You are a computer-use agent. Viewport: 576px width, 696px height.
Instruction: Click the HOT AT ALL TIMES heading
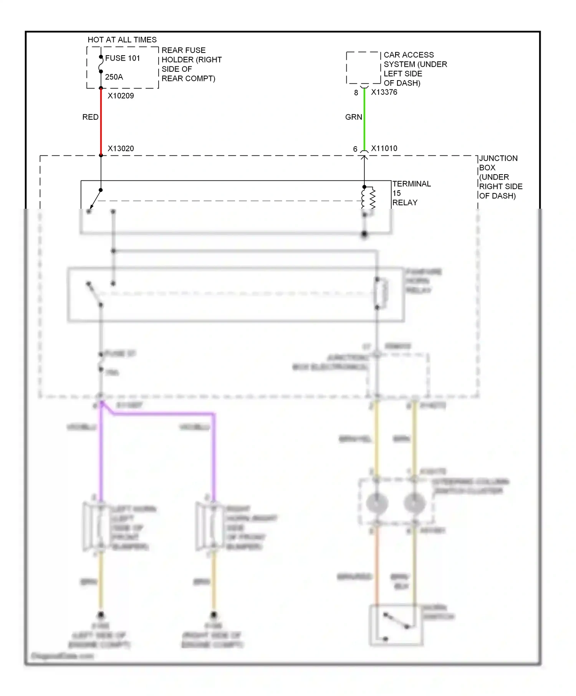[122, 40]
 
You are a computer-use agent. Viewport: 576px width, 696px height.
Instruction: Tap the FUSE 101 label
[122, 58]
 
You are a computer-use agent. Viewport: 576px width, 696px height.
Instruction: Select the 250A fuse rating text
[114, 77]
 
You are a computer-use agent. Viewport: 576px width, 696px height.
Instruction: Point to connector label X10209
[121, 96]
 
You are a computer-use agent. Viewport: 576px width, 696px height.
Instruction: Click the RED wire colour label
[90, 117]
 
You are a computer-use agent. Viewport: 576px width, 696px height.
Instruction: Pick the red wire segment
[101, 123]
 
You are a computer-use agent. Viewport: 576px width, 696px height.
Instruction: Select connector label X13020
[121, 148]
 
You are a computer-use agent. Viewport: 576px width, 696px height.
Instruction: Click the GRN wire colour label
[353, 117]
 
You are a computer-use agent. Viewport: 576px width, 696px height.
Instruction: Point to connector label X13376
[384, 92]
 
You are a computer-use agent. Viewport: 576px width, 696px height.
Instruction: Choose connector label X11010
[384, 148]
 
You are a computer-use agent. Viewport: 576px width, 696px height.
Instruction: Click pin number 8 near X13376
[356, 93]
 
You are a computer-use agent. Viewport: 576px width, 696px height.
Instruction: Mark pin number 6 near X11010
[355, 149]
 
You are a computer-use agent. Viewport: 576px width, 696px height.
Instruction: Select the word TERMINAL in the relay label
[412, 184]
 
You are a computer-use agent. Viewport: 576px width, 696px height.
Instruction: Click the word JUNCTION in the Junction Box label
[498, 158]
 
